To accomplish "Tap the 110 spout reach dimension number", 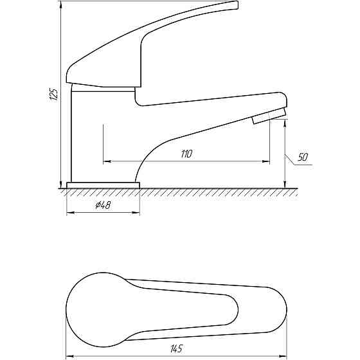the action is pos(186,154).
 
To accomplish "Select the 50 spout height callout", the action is pos(303,157).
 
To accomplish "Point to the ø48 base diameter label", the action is pos(103,205).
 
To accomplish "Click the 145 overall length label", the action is pos(177,348).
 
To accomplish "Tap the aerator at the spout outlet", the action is pos(269,116).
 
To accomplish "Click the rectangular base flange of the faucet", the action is pos(103,185).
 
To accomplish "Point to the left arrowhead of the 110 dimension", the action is pos(107,161).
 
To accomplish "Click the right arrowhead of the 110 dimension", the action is pos(266,161).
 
